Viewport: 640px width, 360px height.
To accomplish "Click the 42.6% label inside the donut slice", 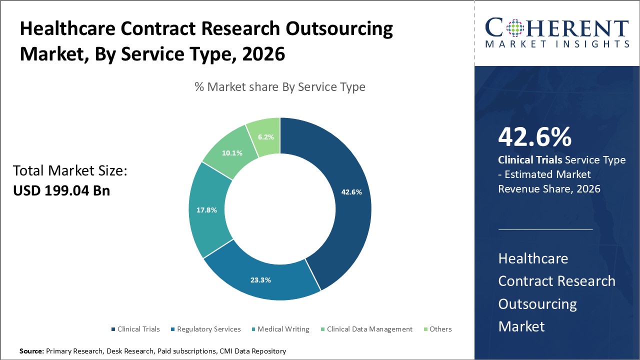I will [351, 192].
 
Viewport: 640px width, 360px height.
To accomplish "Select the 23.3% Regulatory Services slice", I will [260, 280].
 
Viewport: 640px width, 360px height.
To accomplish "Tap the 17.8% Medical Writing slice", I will [206, 210].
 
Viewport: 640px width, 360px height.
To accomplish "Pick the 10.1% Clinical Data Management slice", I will [232, 153].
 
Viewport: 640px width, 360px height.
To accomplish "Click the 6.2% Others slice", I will [265, 136].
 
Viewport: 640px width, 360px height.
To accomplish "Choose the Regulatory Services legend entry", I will [205, 329].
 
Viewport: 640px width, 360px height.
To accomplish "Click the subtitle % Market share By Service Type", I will [280, 87].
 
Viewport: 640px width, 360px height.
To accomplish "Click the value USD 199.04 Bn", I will [61, 190].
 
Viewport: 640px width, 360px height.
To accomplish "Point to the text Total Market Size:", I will [70, 171].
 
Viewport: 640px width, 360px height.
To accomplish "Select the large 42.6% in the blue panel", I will [534, 137].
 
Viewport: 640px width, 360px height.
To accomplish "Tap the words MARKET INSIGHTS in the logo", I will [557, 44].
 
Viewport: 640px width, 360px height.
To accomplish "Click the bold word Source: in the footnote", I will [32, 351].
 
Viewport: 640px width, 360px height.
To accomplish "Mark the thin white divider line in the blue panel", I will [545, 230].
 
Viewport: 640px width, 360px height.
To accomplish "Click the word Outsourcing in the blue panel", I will [537, 304].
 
